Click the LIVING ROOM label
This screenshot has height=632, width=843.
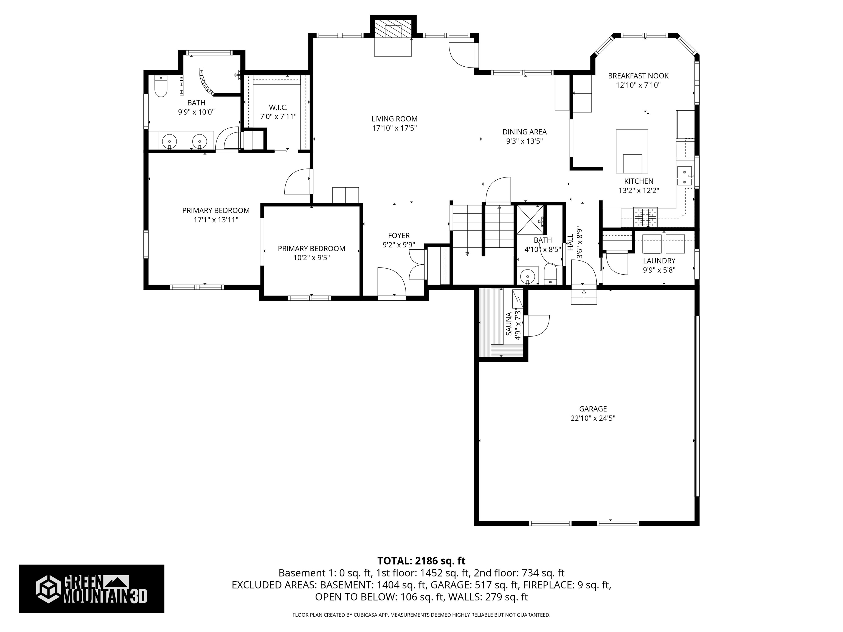coord(394,119)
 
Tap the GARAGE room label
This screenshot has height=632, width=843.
coord(593,409)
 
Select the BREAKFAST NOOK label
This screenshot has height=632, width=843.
coord(638,76)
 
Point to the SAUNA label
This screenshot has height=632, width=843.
coord(509,324)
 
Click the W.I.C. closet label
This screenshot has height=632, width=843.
coord(278,108)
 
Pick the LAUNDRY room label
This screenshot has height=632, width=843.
coord(659,261)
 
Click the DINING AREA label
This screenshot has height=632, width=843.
coord(524,132)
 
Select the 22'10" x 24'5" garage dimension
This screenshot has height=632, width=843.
coord(593,418)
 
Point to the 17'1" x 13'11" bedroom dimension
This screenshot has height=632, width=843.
coord(216,219)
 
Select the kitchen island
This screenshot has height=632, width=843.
coord(632,151)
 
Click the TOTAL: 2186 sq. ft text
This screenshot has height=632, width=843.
coord(421,561)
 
